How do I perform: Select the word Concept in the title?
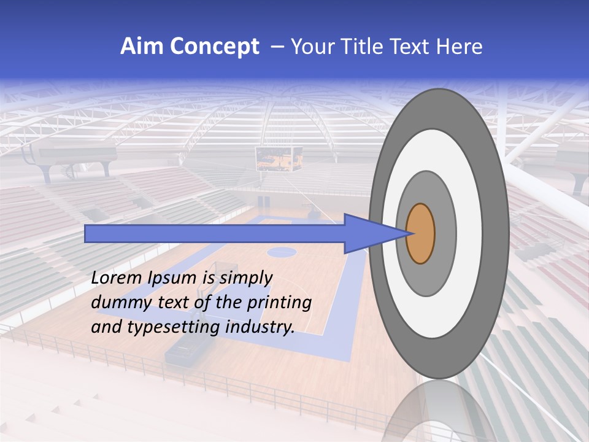[x=214, y=47]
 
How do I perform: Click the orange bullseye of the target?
[x=420, y=234]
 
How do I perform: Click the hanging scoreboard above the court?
[x=279, y=158]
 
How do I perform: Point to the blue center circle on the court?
[x=282, y=250]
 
